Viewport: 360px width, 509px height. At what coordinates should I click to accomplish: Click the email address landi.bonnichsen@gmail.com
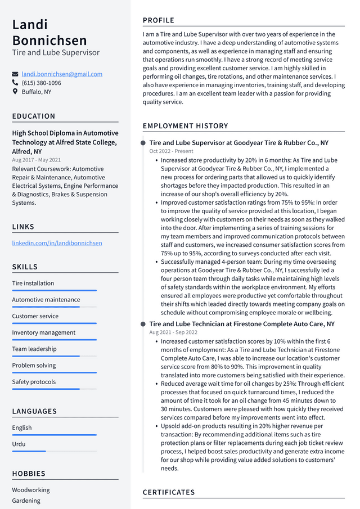(x=62, y=74)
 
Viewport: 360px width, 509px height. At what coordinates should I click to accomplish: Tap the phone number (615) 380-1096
(x=41, y=83)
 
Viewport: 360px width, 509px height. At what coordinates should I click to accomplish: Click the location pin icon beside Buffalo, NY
(x=15, y=92)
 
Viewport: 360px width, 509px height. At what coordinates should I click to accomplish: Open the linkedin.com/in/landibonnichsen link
(x=57, y=243)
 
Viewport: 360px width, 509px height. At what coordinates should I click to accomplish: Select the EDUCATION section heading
(x=34, y=116)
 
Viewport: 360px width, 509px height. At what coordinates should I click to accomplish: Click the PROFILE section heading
(x=159, y=20)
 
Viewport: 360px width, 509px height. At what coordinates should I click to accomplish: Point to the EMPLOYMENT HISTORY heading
(x=185, y=126)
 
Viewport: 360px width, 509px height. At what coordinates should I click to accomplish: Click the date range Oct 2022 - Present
(x=171, y=151)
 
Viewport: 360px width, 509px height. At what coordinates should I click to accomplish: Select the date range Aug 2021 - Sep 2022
(x=173, y=332)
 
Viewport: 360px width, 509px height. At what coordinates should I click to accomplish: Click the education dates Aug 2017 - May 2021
(x=36, y=160)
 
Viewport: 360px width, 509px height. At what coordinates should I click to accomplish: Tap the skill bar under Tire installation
(x=54, y=290)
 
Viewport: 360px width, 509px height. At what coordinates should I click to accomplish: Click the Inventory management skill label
(x=43, y=332)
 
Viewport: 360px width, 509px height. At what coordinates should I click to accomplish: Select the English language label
(x=22, y=427)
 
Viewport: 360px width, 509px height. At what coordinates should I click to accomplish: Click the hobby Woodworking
(x=31, y=490)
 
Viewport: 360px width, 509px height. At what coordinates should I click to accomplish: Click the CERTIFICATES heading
(x=169, y=492)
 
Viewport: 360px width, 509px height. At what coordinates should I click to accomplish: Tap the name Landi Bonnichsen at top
(x=49, y=33)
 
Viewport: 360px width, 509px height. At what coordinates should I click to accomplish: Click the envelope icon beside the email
(x=15, y=74)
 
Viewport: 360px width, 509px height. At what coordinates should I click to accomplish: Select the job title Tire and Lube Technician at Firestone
(x=241, y=324)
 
